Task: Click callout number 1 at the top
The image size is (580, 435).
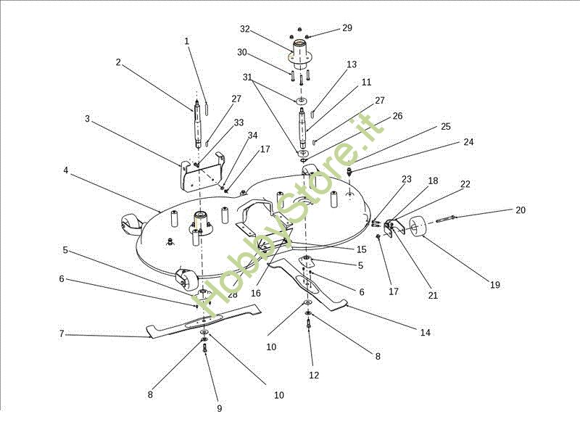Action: coord(186,41)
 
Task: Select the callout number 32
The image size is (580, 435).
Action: coord(244,29)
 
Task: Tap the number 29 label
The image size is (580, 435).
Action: coord(347,28)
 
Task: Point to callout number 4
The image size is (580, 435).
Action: coord(65,170)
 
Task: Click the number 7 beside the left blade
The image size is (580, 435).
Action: coord(62,334)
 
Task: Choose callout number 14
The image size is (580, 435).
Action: coord(426,333)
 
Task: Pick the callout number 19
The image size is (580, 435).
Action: coord(495,285)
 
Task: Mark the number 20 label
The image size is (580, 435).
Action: coord(521,210)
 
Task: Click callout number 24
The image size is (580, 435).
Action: coord(468,142)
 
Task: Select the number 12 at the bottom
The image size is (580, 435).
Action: coord(314,375)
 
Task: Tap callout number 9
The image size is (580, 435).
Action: coord(219,409)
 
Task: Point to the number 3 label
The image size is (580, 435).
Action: coord(87,118)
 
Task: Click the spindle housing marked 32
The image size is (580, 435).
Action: coord(301,54)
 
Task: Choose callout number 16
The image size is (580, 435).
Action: coord(256,294)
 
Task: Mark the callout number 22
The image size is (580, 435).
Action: coord(465,184)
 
